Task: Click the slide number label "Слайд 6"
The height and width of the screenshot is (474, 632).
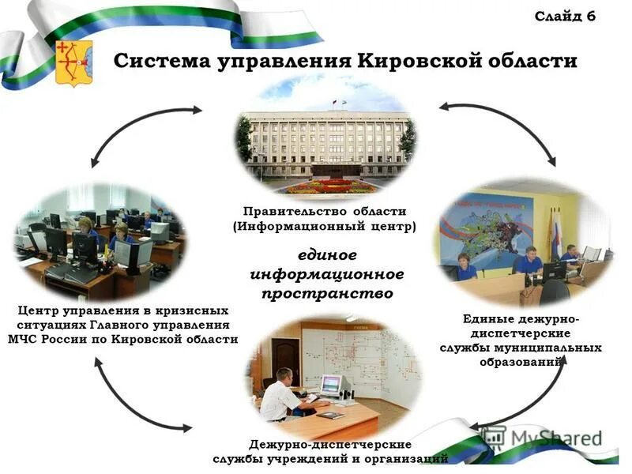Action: click(x=565, y=17)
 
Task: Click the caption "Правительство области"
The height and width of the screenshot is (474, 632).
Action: click(x=325, y=211)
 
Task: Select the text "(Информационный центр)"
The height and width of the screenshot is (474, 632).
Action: click(x=325, y=226)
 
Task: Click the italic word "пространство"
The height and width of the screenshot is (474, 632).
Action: click(x=327, y=293)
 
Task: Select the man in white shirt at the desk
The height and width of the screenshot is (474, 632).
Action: click(x=280, y=395)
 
